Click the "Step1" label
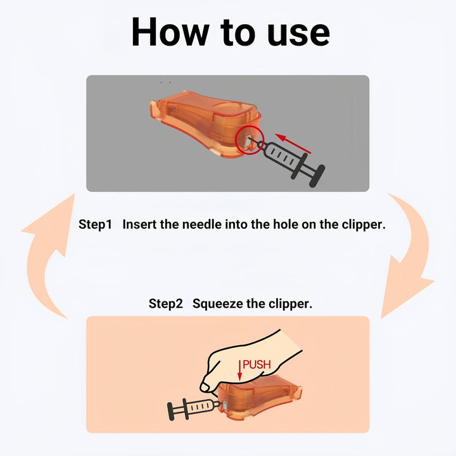click(95, 224)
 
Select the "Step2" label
click(165, 303)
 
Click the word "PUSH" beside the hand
click(257, 365)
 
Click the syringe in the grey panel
click(288, 159)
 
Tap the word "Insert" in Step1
click(140, 224)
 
